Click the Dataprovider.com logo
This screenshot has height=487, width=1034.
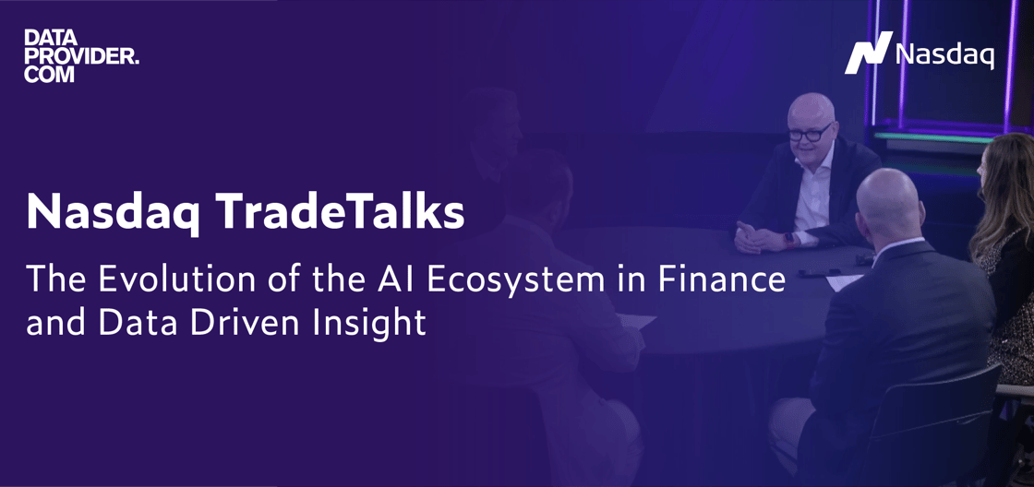(82, 56)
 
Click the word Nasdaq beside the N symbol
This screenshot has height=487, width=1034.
(944, 54)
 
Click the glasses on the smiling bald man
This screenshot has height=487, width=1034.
(810, 133)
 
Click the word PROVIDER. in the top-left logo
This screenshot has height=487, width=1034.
(82, 56)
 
